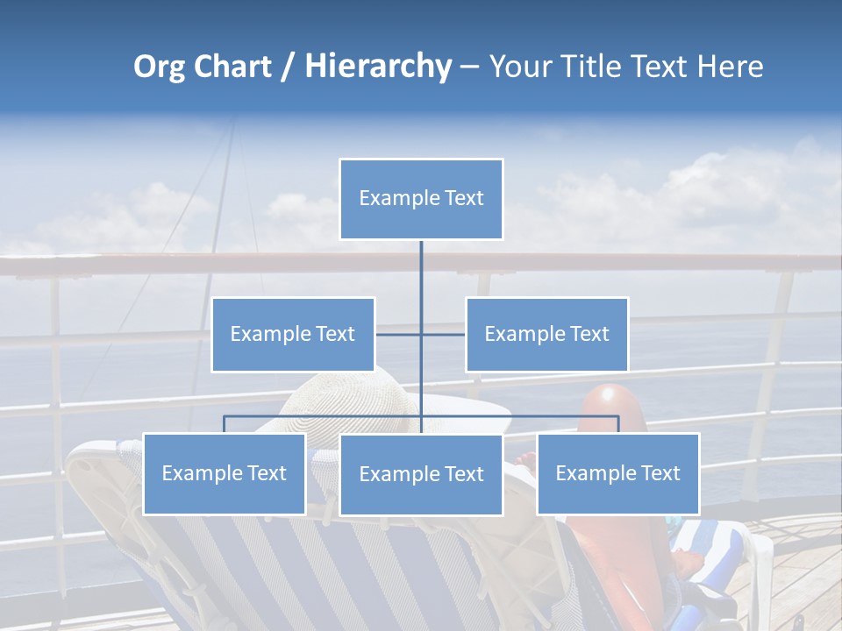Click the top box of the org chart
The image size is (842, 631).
pos(421,199)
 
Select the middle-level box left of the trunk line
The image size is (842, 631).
pos(293,334)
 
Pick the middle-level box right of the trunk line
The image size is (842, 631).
pos(546,334)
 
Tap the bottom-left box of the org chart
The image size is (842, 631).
pos(225,473)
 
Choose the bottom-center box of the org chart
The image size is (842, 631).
pos(421,475)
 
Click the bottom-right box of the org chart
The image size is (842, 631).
pos(617,473)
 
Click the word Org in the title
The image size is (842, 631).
pos(159,67)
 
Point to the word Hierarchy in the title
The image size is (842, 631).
pos(377,67)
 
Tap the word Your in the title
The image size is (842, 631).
pos(520,67)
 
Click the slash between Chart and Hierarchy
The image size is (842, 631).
pos(290,67)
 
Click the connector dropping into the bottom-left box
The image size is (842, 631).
pos(225,424)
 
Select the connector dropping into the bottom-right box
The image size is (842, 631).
pos(618,424)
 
